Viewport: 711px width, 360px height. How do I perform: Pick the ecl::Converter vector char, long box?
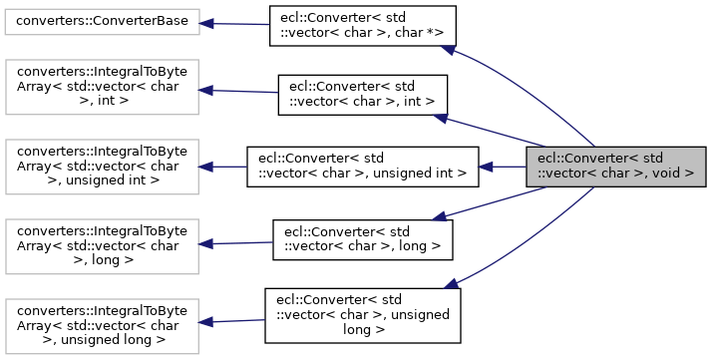pos(363,239)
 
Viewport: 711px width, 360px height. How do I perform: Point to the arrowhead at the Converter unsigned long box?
pos(451,285)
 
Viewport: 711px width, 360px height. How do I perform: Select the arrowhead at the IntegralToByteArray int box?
pos(204,89)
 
